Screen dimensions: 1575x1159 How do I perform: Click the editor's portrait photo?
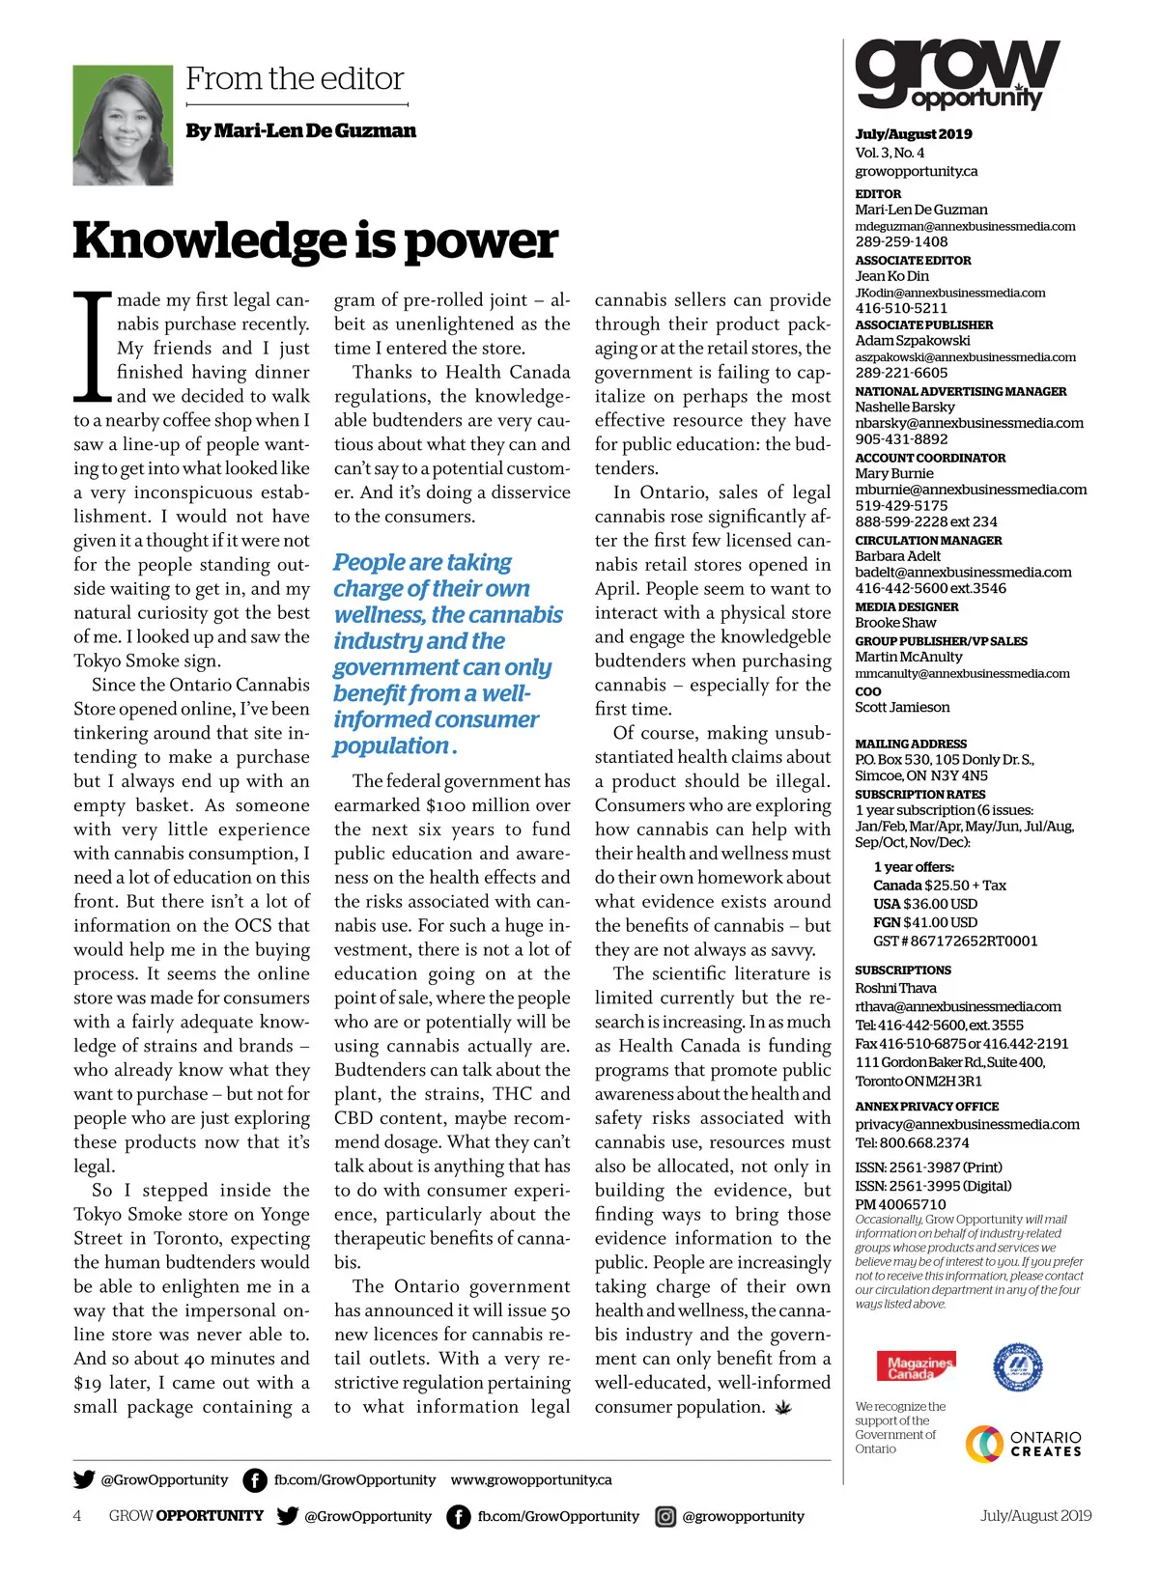point(123,125)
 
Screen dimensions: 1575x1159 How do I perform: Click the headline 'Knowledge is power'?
point(315,240)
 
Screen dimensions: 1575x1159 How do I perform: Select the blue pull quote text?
point(447,654)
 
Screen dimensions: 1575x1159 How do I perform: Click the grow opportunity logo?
point(956,74)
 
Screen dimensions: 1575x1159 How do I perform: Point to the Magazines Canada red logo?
point(920,1366)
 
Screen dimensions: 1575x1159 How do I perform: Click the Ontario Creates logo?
point(1023,1444)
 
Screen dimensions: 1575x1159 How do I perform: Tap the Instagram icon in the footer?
point(665,1516)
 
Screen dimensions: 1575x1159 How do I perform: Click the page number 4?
point(77,1516)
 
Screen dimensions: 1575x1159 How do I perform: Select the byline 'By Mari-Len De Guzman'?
point(300,130)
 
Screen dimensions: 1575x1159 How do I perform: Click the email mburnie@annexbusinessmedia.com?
point(971,490)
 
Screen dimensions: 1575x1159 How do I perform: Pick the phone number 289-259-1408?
point(901,242)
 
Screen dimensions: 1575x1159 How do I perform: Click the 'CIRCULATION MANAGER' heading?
point(928,541)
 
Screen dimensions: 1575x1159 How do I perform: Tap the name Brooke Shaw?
point(895,623)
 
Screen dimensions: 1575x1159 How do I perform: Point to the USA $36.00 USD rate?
point(924,904)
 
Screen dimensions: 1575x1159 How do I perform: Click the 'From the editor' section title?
point(295,78)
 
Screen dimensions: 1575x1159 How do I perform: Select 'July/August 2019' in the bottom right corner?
point(1035,1516)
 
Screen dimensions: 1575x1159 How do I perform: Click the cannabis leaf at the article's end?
point(783,1408)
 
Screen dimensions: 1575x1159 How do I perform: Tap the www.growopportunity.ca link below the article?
point(531,1479)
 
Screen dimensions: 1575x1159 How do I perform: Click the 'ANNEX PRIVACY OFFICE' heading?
point(926,1107)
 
